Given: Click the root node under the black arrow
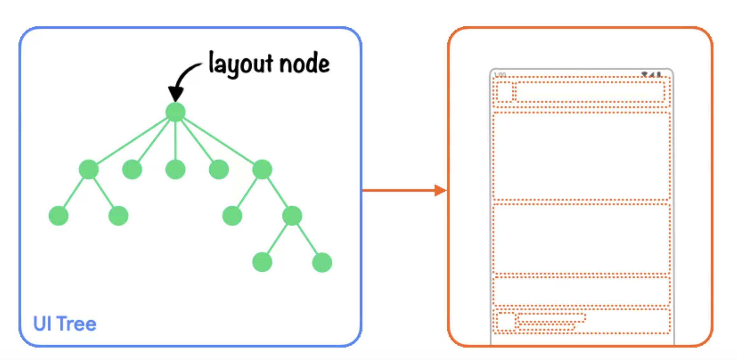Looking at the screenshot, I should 175,112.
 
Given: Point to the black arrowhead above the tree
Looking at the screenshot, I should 176,94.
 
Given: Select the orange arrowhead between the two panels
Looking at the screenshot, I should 440,190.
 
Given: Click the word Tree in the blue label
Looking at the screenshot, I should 77,324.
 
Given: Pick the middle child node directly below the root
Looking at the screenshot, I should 175,169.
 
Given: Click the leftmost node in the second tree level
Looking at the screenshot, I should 88,169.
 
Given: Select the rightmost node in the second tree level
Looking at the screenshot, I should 262,169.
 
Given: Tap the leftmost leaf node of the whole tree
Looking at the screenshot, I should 58,216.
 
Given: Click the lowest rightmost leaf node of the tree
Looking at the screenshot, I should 322,262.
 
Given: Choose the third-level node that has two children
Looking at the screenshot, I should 292,216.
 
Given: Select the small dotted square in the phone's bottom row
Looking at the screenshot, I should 506,322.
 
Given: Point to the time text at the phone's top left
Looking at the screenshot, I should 500,75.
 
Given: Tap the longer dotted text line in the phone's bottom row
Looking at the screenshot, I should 551,318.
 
